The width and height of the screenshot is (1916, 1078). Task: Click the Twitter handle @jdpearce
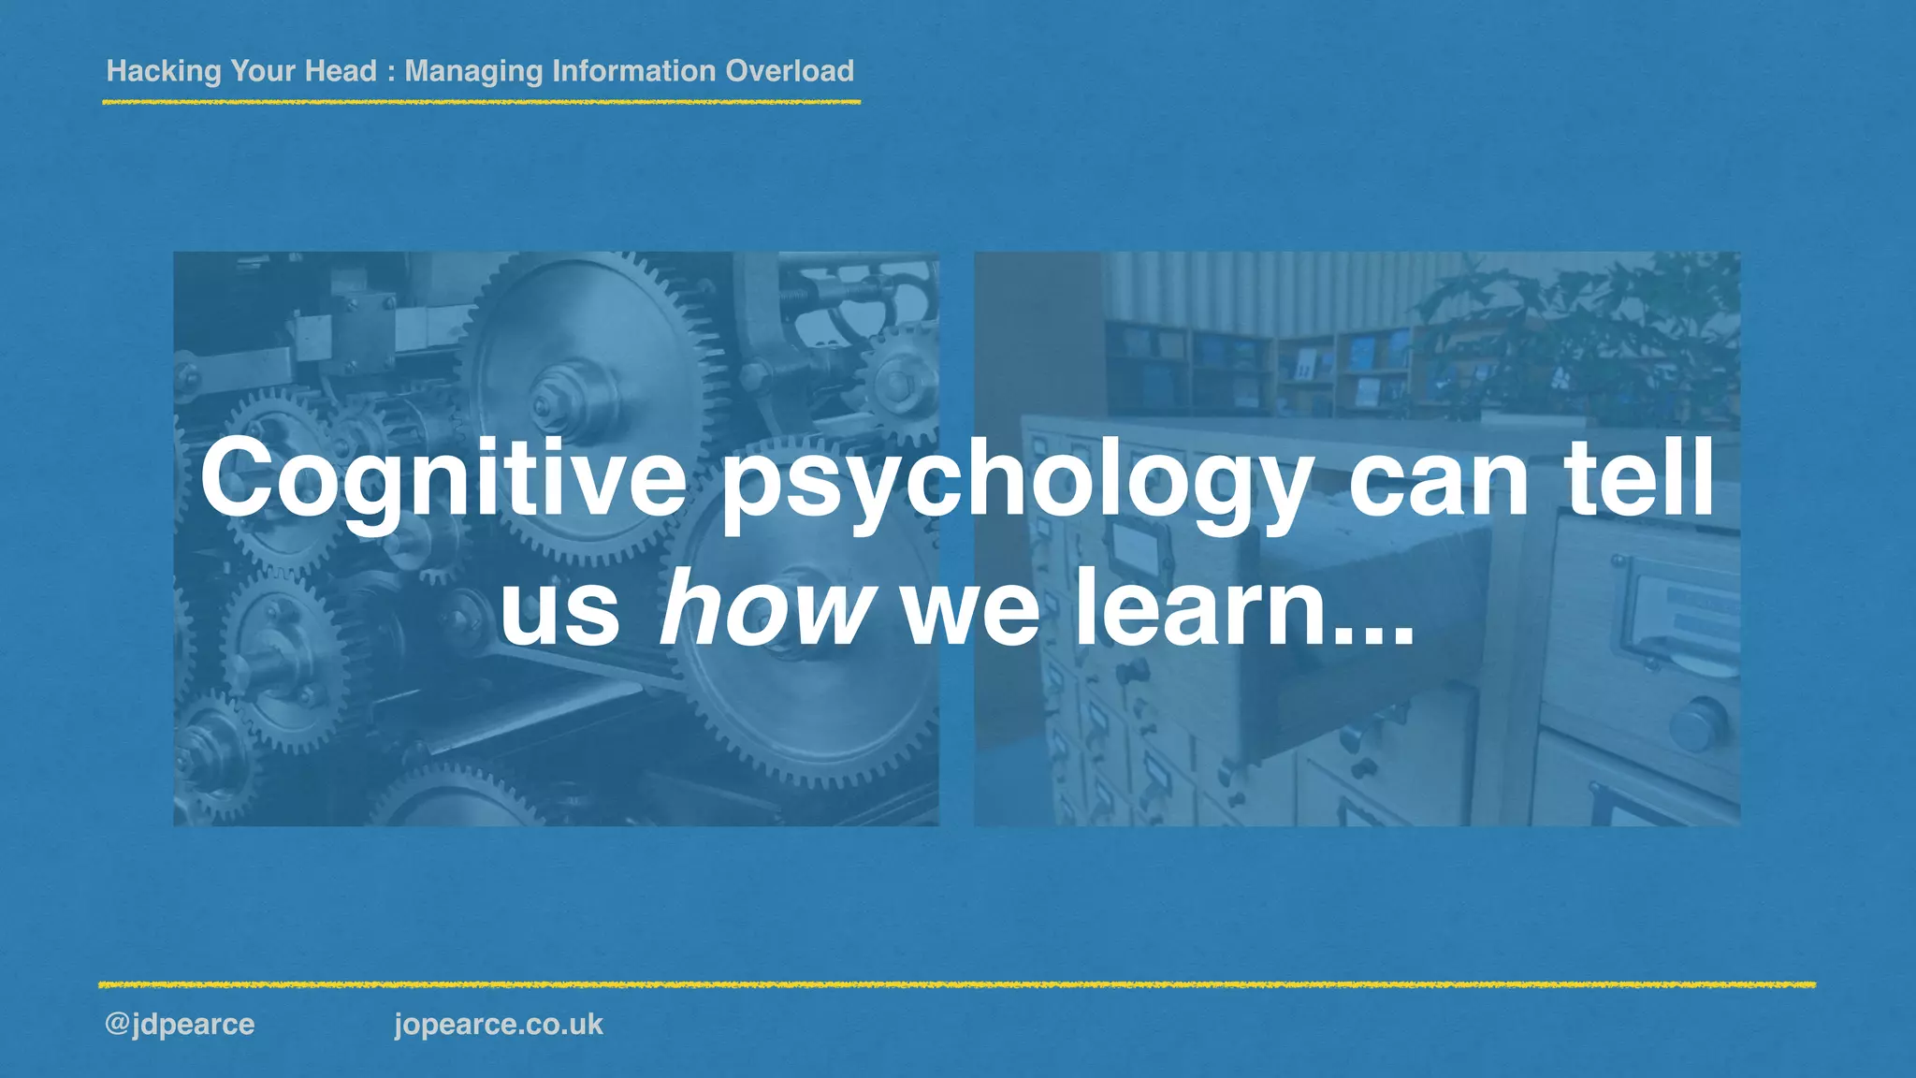pos(180,1024)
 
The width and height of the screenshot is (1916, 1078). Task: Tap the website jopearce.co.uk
pos(499,1024)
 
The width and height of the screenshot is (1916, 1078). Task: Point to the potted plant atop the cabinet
pos(1581,337)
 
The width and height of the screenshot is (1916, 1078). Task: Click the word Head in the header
pos(341,71)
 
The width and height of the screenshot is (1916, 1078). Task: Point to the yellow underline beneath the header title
pos(481,101)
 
